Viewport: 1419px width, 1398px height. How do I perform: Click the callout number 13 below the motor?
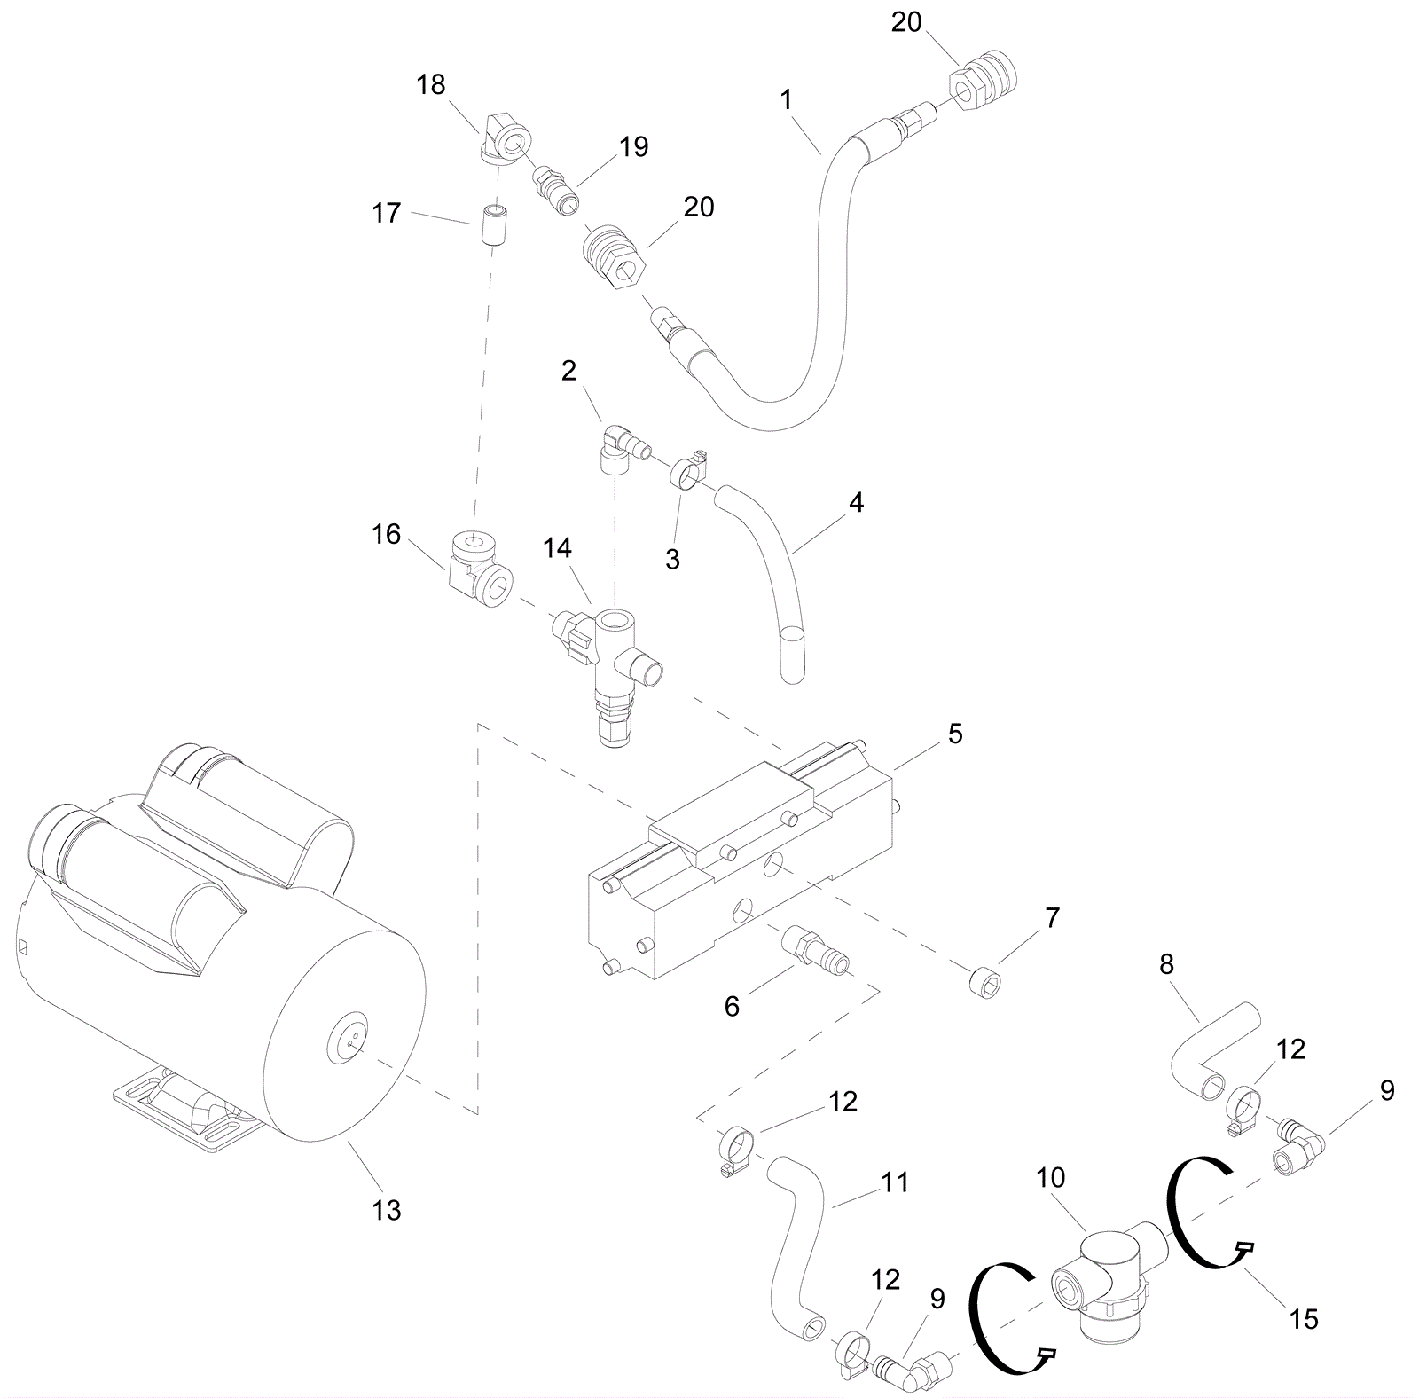[x=387, y=1210]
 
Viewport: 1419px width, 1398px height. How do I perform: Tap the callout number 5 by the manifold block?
[x=954, y=734]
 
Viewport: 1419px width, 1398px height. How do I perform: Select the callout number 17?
[x=387, y=213]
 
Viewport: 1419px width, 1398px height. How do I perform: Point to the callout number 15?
[x=1304, y=1319]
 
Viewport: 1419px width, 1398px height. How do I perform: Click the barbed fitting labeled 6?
[x=815, y=946]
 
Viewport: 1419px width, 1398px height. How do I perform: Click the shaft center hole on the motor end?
[x=353, y=1045]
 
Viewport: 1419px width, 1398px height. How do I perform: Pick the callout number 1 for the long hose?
[x=786, y=99]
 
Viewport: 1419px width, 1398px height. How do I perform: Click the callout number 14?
[x=557, y=548]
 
